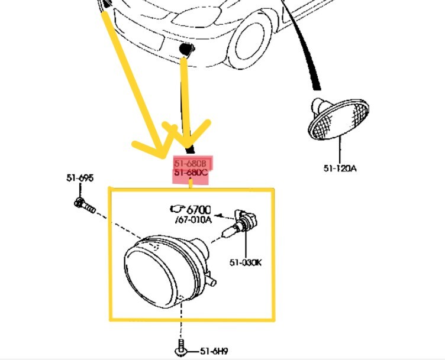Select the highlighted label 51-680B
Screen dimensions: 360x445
190,163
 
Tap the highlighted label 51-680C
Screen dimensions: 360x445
190,173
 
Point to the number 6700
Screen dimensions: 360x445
198,209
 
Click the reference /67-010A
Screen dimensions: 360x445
193,220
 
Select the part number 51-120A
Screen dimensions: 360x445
340,168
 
